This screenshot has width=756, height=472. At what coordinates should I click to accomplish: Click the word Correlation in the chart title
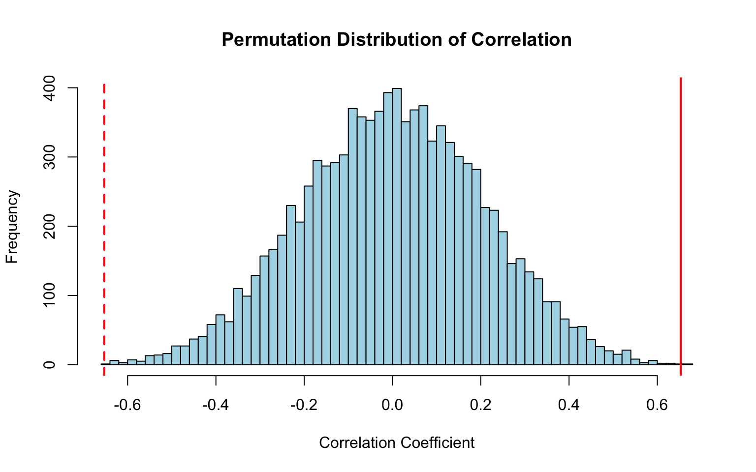click(x=521, y=39)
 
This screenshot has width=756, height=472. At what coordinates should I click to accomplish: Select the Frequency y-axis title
click(x=12, y=227)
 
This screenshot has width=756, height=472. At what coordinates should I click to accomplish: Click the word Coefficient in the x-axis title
click(x=437, y=443)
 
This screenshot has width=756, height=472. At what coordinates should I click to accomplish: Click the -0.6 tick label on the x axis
click(x=127, y=406)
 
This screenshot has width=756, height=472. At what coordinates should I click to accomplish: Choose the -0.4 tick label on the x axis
click(x=216, y=406)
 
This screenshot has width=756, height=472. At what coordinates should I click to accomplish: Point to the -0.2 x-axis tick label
click(x=304, y=406)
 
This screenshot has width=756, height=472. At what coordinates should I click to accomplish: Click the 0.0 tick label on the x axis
click(x=392, y=406)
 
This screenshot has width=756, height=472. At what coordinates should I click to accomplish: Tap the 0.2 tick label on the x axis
click(x=481, y=406)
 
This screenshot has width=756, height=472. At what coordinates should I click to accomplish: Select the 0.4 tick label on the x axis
click(x=569, y=406)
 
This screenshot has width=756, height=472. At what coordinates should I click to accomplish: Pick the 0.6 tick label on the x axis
click(x=657, y=406)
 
